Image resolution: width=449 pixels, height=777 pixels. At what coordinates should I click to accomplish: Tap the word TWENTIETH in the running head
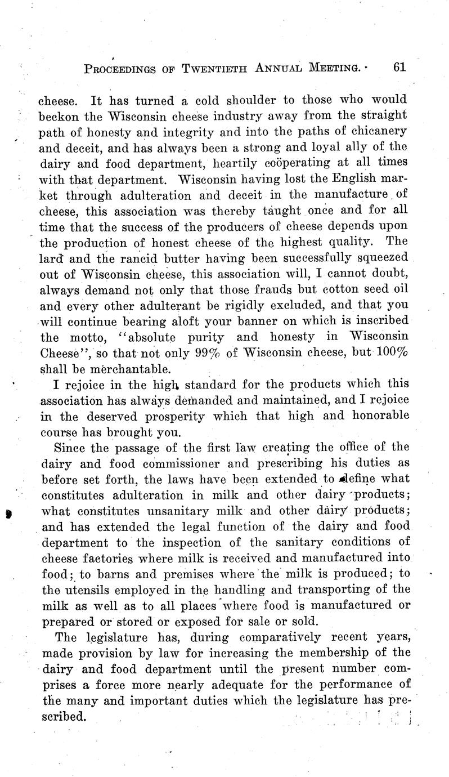click(x=210, y=69)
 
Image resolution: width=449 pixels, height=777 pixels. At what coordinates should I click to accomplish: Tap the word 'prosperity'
click(x=170, y=417)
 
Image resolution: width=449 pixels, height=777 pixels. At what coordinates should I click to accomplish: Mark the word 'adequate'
click(x=275, y=685)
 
